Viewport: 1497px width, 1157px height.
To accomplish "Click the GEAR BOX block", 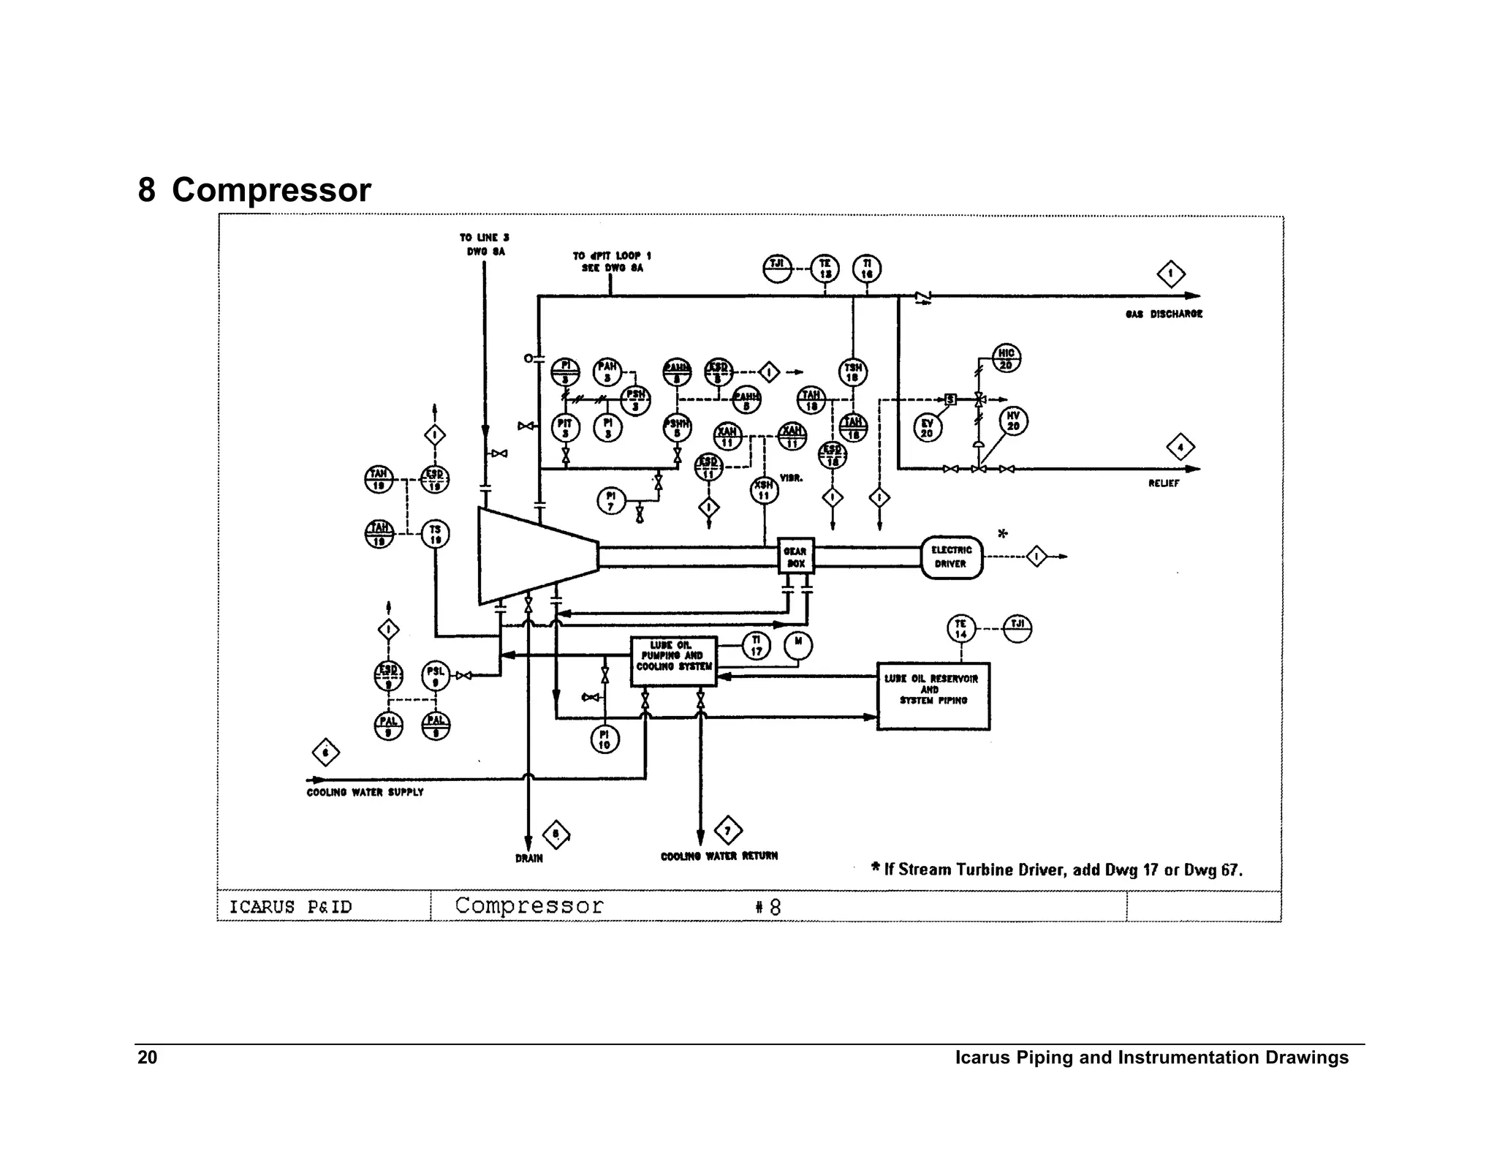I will [795, 557].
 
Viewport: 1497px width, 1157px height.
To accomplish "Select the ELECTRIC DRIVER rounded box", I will [951, 557].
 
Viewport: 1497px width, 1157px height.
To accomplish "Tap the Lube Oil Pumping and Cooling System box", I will [673, 660].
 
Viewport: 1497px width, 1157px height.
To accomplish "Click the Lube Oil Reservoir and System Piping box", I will [933, 696].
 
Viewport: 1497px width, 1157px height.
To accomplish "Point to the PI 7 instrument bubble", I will [611, 501].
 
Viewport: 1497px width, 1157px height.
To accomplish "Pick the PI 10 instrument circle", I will [604, 740].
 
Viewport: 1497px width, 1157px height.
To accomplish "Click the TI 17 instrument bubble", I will [756, 646].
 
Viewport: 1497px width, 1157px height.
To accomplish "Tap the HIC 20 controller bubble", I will [1006, 358].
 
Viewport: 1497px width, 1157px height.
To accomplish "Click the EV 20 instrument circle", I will [927, 428].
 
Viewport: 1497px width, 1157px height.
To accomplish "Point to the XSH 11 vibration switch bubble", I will [764, 490].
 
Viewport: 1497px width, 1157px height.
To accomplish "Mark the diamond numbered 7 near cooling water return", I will [727, 831].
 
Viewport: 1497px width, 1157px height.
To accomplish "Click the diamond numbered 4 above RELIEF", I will [1180, 448].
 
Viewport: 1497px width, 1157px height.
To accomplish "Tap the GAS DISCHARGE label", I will [1164, 314].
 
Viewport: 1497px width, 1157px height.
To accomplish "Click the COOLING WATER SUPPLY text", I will [365, 792].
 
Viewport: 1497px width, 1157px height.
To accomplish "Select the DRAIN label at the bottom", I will [528, 859].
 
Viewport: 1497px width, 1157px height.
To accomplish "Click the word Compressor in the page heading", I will [271, 190].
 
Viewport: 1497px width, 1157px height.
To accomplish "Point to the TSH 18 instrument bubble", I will [852, 372].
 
